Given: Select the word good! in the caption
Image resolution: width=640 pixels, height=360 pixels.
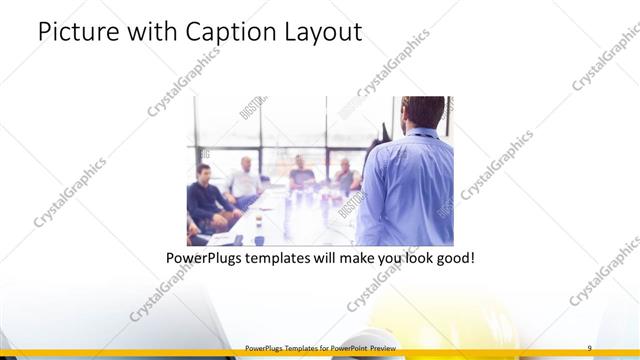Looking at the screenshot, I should coord(452,259).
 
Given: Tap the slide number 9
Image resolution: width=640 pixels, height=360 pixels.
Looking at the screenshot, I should coord(589,347).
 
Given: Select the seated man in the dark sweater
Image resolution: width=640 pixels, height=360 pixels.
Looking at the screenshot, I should coord(207,195).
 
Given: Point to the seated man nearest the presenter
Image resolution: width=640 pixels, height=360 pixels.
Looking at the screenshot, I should coord(345,177).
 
